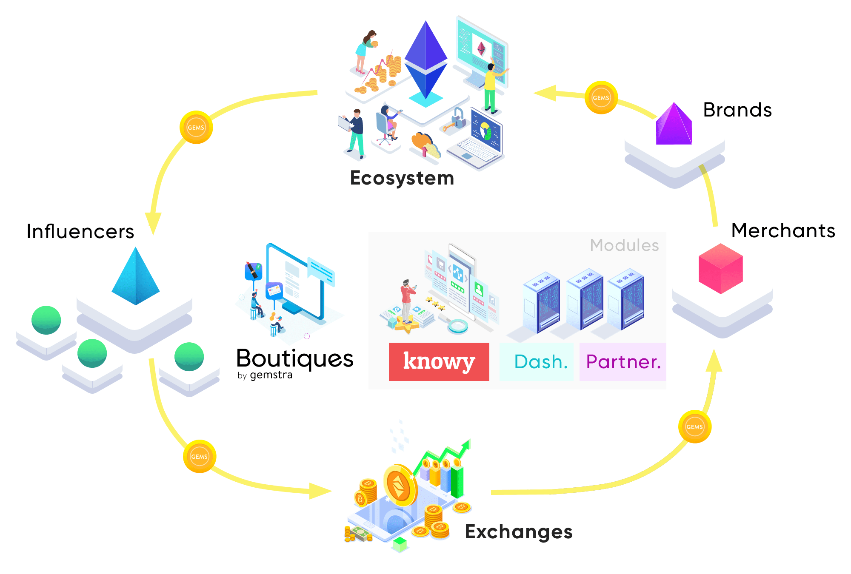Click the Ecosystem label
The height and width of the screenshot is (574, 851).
pyautogui.click(x=402, y=178)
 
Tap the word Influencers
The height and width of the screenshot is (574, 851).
pyautogui.click(x=80, y=232)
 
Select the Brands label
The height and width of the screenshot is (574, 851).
pyautogui.click(x=737, y=110)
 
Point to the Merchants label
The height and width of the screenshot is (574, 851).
pyautogui.click(x=783, y=230)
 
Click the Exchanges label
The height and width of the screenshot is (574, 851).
pyautogui.click(x=519, y=532)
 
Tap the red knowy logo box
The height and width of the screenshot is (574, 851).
pyautogui.click(x=439, y=362)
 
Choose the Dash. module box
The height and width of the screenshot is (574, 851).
pyautogui.click(x=537, y=362)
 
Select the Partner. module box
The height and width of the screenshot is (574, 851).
pyautogui.click(x=623, y=362)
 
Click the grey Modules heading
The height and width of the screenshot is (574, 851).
pyautogui.click(x=624, y=245)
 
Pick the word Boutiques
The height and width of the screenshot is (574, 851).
pyautogui.click(x=295, y=358)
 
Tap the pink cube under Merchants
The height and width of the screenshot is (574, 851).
pyautogui.click(x=721, y=269)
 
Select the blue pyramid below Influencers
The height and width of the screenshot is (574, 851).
pyautogui.click(x=136, y=276)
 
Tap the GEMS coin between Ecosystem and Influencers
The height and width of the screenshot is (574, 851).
pyautogui.click(x=196, y=127)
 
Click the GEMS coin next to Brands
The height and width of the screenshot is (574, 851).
pyautogui.click(x=601, y=97)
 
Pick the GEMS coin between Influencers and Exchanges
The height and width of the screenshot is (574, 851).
pyautogui.click(x=200, y=456)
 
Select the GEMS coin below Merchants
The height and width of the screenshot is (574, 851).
pyautogui.click(x=695, y=426)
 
